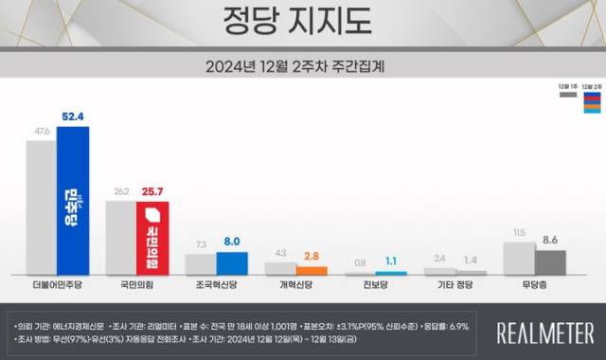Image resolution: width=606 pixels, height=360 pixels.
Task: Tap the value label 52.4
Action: (x=73, y=117)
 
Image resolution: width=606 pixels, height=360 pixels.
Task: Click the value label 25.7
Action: (x=153, y=191)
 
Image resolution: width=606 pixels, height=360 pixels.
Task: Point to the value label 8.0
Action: (x=233, y=242)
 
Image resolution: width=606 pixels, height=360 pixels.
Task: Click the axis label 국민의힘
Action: (x=137, y=284)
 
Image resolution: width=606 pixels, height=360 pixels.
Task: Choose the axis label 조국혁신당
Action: (x=217, y=284)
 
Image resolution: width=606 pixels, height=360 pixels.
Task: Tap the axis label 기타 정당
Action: (x=455, y=284)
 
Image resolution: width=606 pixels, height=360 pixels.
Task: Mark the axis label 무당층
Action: (x=535, y=284)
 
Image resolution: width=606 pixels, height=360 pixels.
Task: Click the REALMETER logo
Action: (x=545, y=332)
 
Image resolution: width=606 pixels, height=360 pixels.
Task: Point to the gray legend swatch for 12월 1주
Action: (x=564, y=95)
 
